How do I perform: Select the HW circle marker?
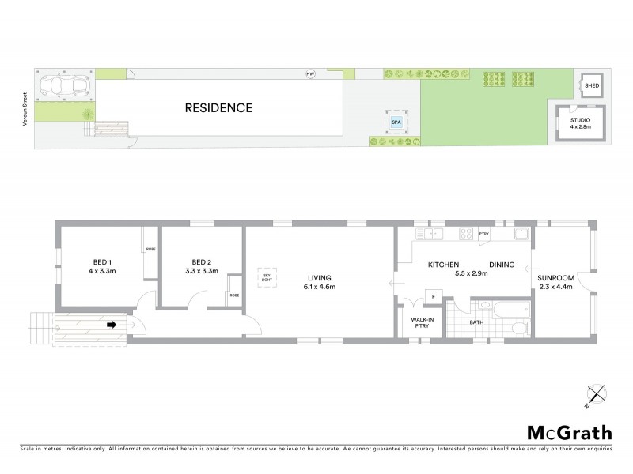click(310, 75)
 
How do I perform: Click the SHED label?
click(592, 85)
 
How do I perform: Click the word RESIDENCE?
click(218, 107)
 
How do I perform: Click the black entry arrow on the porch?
click(112, 323)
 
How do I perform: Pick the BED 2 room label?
click(201, 266)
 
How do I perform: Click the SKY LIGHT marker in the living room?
click(266, 277)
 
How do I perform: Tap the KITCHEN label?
click(445, 265)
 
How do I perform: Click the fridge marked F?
click(433, 296)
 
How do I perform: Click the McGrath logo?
click(569, 432)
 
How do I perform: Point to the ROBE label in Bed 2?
click(233, 295)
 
